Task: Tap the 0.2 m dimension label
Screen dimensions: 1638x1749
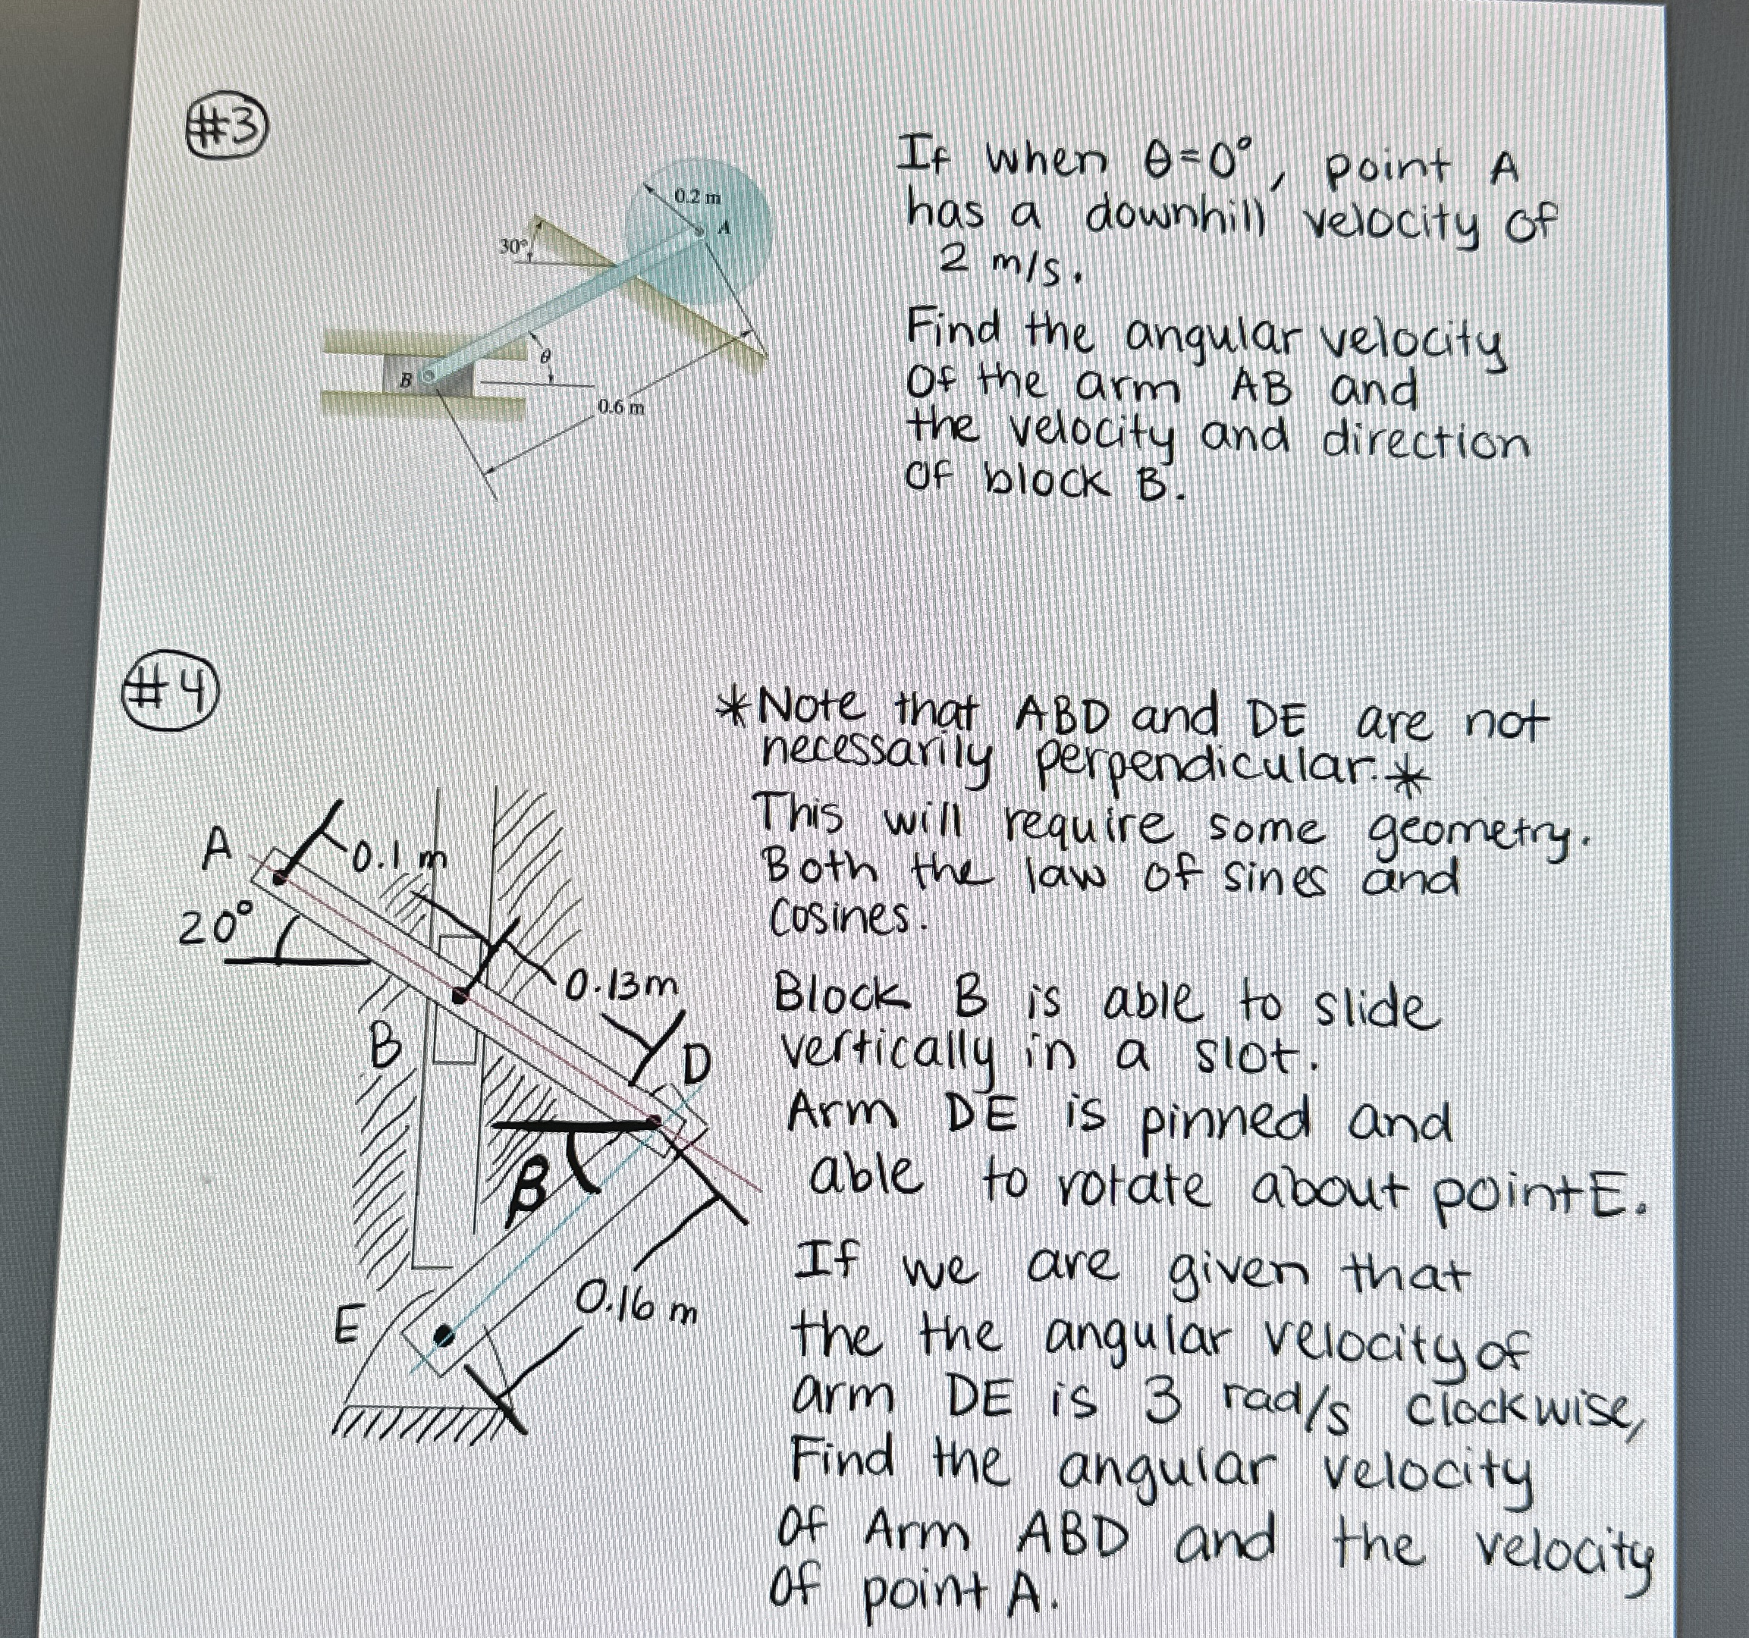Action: pyautogui.click(x=697, y=196)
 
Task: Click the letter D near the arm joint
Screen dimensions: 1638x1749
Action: pyautogui.click(x=695, y=1067)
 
